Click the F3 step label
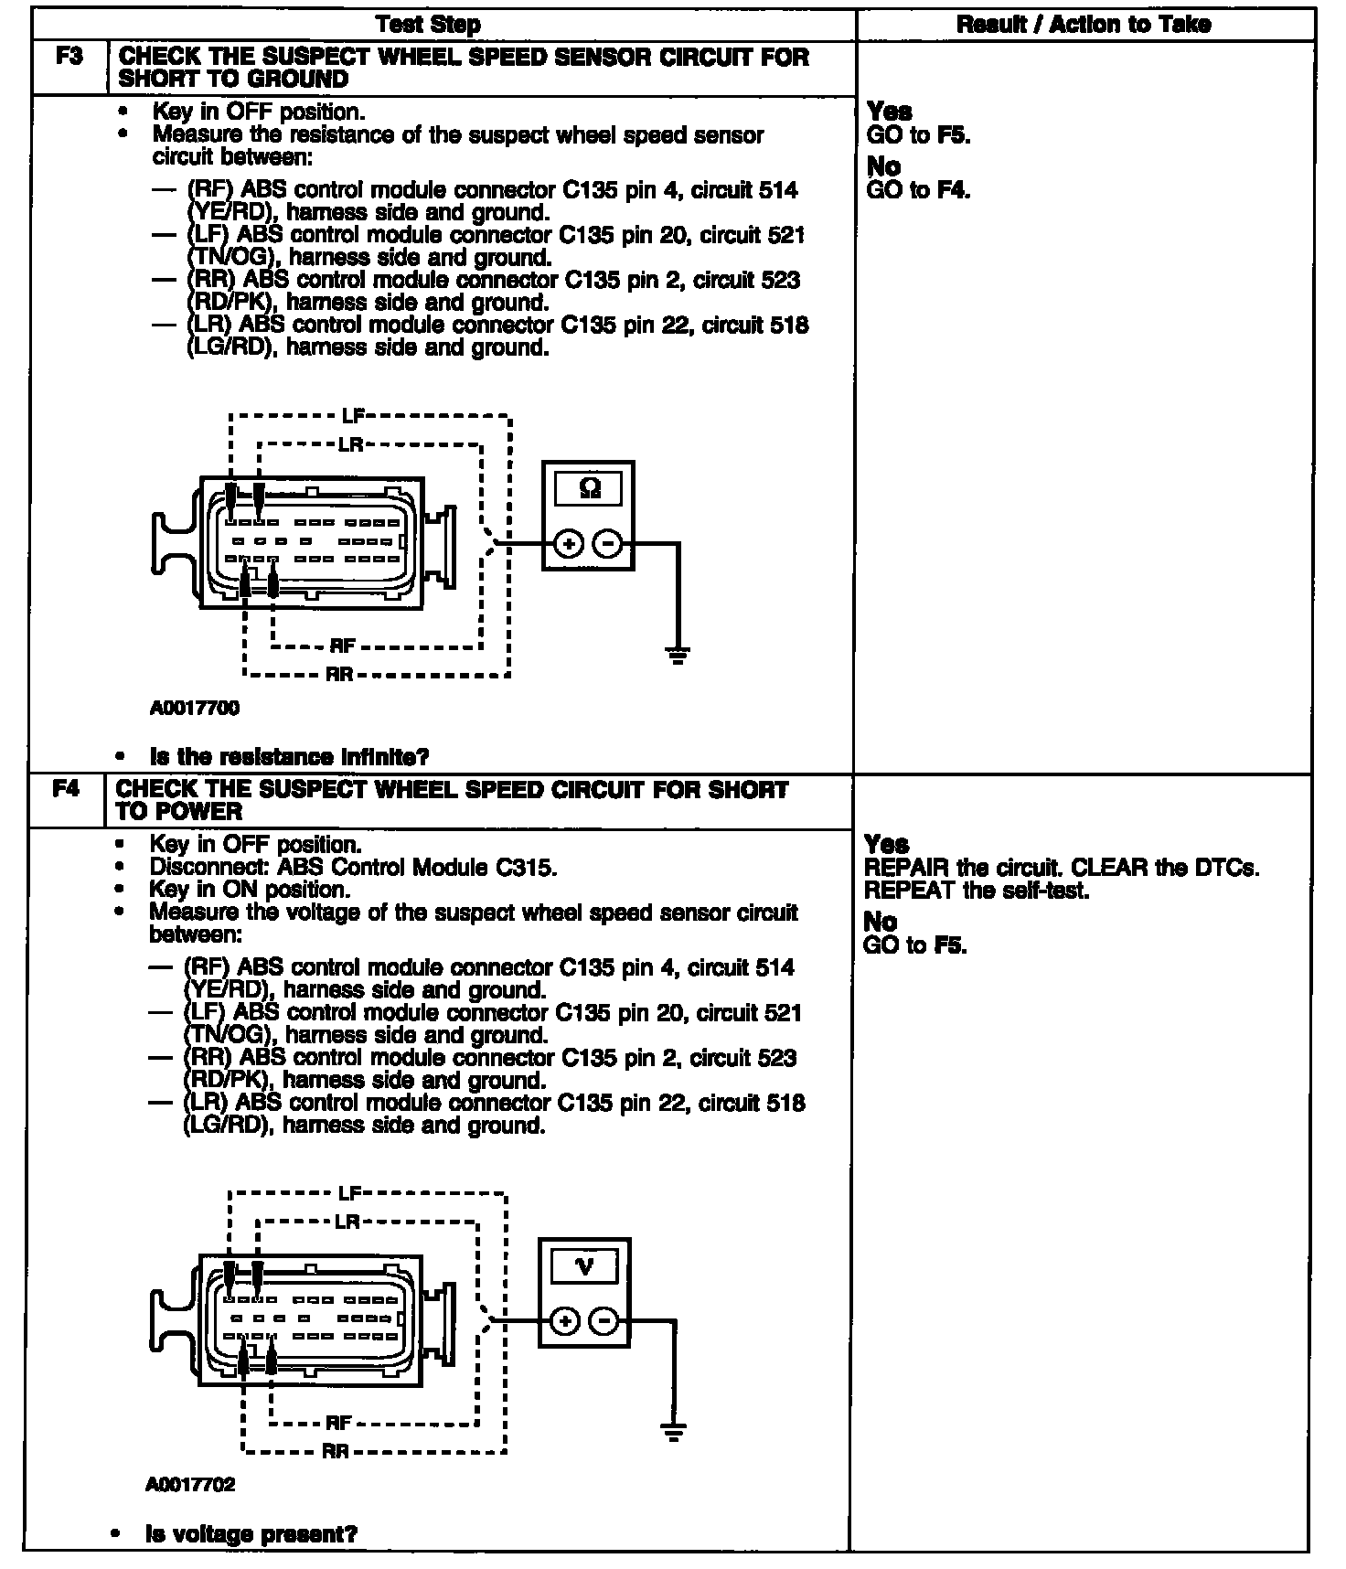(x=69, y=57)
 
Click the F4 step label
(x=66, y=789)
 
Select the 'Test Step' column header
(x=441, y=25)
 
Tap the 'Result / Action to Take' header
(x=1084, y=25)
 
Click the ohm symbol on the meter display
(x=590, y=489)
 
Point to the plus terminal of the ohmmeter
(x=569, y=545)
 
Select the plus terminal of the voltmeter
(x=565, y=1321)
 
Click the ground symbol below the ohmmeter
(x=678, y=656)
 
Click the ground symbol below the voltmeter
(x=674, y=1432)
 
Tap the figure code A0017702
(x=190, y=1484)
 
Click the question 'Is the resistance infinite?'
(x=289, y=757)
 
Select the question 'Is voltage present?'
(x=251, y=1533)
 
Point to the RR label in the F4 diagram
(x=336, y=1451)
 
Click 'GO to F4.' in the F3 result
(x=917, y=190)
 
